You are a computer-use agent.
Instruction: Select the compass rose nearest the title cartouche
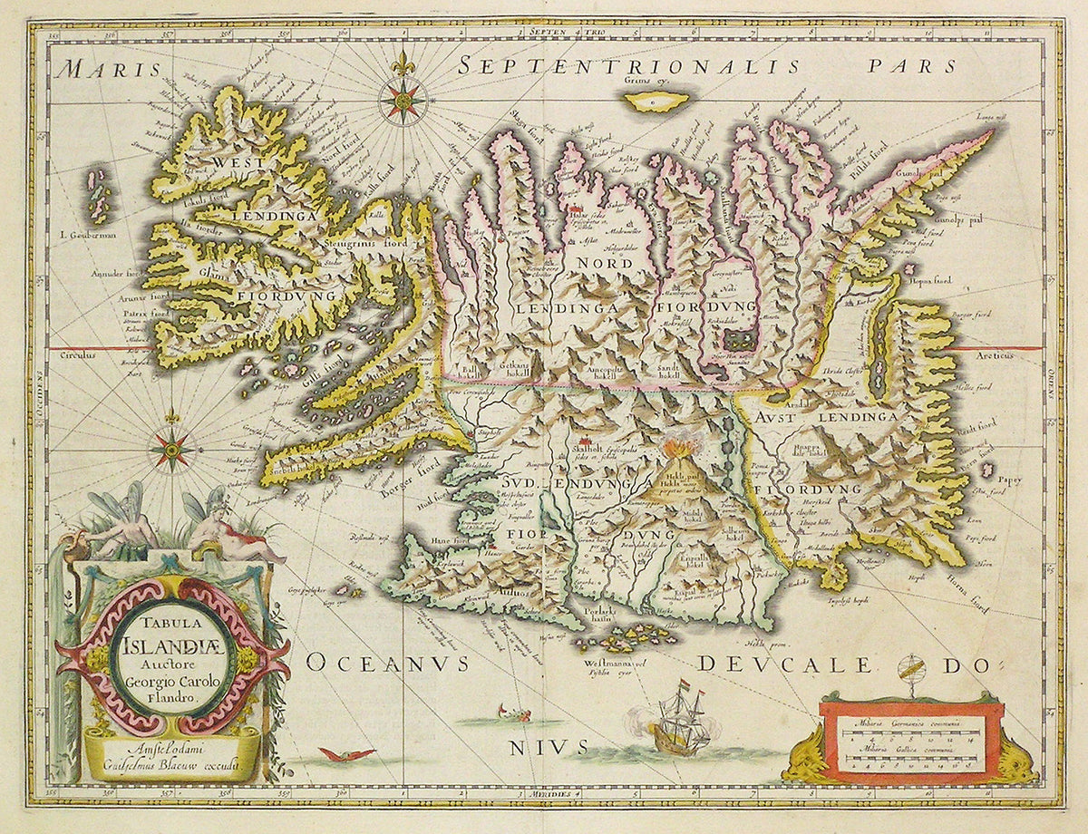click(170, 448)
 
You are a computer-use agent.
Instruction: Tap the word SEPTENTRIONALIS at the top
click(627, 66)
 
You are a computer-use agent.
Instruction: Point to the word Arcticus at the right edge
click(1016, 358)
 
